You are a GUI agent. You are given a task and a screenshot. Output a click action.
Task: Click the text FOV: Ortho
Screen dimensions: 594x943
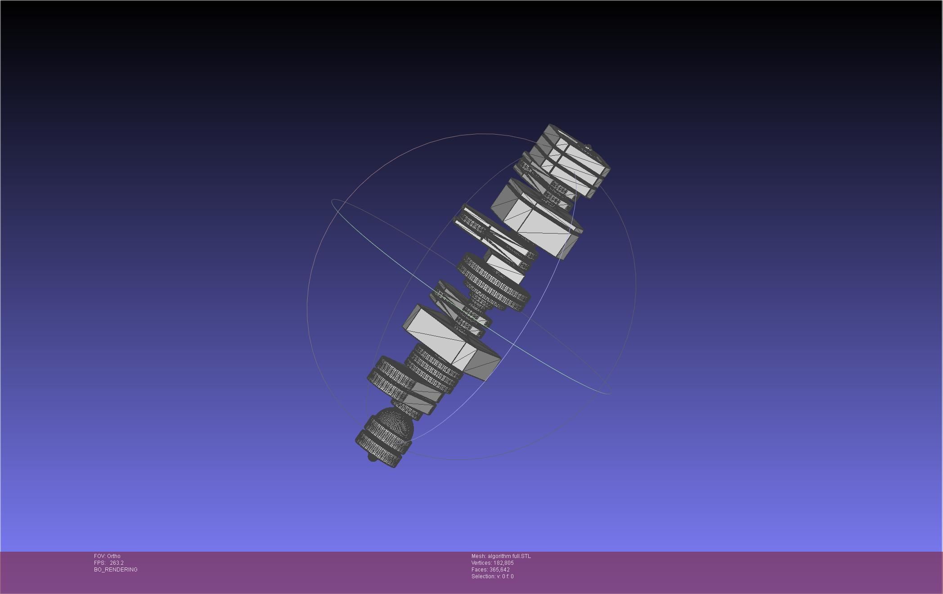[107, 556]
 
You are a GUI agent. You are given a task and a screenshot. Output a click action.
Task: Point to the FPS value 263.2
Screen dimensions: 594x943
[117, 563]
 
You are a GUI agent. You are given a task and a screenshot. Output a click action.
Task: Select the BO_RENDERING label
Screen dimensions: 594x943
[116, 570]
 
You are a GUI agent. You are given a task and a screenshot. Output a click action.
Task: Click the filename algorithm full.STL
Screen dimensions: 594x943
[509, 556]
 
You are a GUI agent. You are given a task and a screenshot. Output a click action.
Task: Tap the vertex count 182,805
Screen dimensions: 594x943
[503, 563]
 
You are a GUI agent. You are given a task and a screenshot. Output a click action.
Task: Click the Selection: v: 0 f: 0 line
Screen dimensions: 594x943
[492, 576]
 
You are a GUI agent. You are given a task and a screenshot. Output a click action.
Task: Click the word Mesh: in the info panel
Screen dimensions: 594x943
[479, 556]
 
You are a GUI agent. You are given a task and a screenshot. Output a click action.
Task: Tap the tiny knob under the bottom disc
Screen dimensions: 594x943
[372, 458]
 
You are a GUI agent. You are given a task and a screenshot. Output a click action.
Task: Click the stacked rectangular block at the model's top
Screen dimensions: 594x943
[569, 160]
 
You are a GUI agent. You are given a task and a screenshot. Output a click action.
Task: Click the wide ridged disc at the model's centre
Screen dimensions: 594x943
[495, 283]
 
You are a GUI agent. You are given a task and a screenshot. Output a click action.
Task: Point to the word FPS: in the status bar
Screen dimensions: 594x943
[99, 563]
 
